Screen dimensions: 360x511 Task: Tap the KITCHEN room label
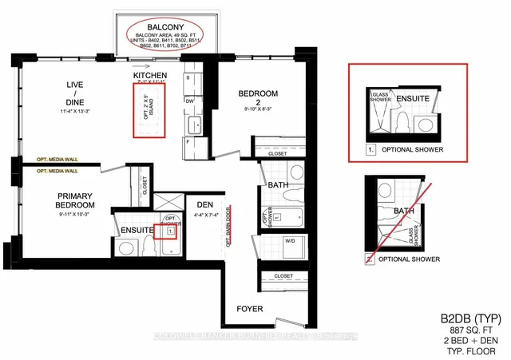point(150,76)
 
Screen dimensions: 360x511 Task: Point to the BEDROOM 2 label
point(258,97)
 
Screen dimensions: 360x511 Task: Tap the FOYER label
point(248,308)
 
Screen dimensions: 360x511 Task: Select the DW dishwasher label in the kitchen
point(189,101)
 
